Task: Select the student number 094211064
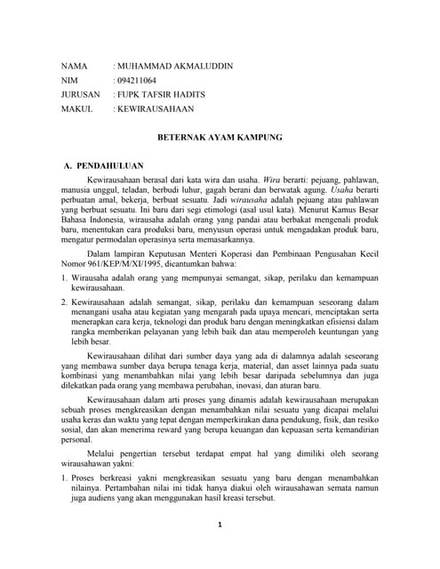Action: point(135,80)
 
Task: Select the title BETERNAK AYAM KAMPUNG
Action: point(220,140)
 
